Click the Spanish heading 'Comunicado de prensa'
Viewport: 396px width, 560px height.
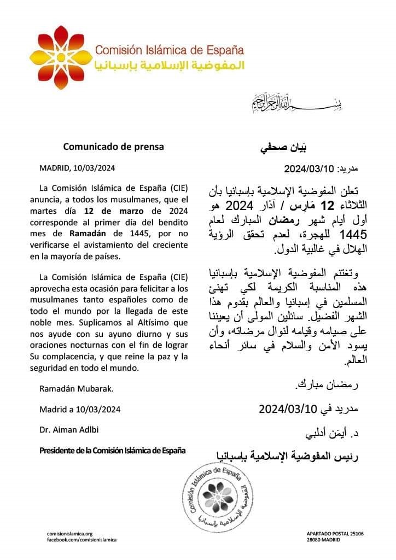(113, 147)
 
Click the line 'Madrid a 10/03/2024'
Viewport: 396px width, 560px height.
(80, 409)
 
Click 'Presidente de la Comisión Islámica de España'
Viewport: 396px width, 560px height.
(113, 451)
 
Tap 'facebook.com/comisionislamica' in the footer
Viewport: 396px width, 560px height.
(81, 540)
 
